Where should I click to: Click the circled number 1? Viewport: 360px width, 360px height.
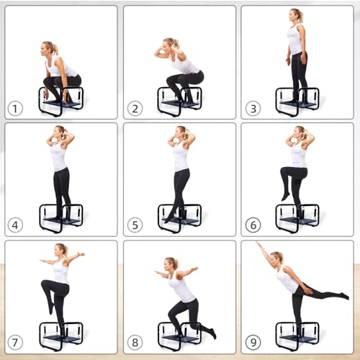point(14,109)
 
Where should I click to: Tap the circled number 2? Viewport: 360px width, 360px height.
point(132,109)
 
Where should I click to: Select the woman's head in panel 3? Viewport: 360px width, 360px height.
point(295,16)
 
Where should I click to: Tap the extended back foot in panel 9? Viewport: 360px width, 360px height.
point(345,296)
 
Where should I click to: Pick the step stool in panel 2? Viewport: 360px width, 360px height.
point(179,102)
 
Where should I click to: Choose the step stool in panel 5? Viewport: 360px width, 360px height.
point(179,218)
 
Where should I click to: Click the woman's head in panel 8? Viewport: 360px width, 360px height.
point(172,264)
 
